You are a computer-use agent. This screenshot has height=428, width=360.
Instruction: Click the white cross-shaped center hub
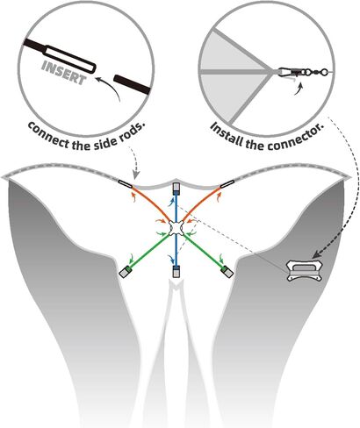point(176,228)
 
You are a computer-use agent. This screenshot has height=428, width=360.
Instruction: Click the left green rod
point(148,251)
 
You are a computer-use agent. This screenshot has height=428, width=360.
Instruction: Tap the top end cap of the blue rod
point(176,189)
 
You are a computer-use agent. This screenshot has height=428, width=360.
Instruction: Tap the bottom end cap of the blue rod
point(176,271)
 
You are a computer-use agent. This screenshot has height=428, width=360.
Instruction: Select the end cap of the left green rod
point(126,272)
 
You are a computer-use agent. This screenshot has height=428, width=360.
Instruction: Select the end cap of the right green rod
point(227,272)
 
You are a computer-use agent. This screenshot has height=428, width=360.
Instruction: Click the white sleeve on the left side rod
point(126,184)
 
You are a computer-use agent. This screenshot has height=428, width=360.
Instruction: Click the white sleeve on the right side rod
point(227,184)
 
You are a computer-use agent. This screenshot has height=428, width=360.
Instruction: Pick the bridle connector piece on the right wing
point(305,271)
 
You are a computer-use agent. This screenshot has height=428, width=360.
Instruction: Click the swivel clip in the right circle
point(301,72)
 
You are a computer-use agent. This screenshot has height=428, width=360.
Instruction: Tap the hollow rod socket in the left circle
point(70,59)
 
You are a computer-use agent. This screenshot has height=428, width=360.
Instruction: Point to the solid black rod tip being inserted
point(133,84)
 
